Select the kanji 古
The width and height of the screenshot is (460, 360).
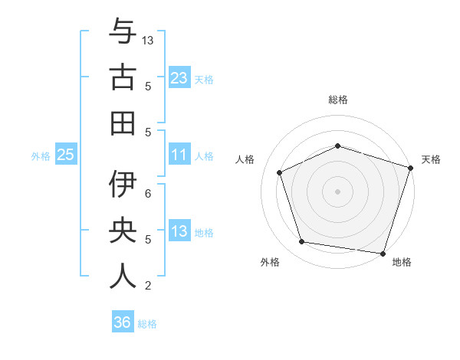pos(122,78)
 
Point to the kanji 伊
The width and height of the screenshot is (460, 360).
pos(122,185)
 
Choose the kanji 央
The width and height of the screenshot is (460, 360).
pos(122,231)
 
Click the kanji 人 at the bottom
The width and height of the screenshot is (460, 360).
pos(122,275)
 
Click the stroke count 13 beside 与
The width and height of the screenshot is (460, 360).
pos(149,40)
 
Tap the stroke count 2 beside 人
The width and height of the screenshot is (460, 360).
pos(148,286)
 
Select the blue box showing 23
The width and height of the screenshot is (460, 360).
pos(179,78)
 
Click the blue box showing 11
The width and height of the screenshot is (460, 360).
pos(179,155)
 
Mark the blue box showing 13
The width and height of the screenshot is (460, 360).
pos(179,232)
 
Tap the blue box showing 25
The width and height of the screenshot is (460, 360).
pos(65,155)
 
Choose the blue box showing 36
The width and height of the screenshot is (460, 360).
pos(122,322)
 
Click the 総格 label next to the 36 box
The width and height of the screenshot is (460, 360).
pos(148,324)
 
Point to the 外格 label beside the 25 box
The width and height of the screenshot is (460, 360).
pos(41,156)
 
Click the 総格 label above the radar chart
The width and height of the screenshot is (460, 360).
pos(337,100)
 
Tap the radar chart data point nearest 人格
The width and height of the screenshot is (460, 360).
pos(279,172)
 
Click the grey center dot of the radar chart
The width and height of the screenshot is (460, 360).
pos(337,191)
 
